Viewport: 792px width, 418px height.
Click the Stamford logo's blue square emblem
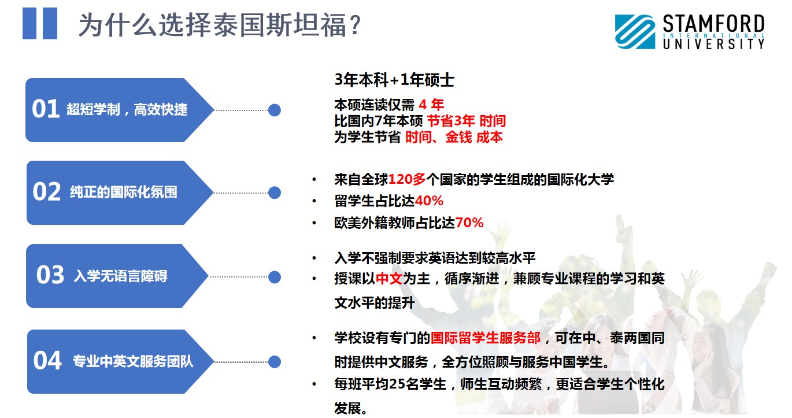point(635,31)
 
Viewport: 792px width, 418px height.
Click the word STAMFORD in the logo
point(713,24)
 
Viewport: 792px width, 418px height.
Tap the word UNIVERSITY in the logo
point(713,44)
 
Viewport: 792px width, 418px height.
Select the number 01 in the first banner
point(46,109)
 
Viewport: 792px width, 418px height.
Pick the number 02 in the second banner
point(47,192)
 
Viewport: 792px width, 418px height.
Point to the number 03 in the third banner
point(50,275)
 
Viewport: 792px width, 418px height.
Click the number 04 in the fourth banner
point(47,360)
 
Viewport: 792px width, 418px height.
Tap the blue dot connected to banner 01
point(275,110)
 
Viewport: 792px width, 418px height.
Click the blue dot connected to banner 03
point(275,277)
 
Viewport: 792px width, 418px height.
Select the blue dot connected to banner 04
point(275,362)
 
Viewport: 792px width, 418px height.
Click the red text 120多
point(408,180)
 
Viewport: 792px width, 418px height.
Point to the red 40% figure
point(429,201)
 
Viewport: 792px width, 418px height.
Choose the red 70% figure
point(469,223)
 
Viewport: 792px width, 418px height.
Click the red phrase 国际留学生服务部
point(485,338)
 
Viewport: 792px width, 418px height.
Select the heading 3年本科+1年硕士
point(394,80)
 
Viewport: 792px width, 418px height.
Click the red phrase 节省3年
point(451,121)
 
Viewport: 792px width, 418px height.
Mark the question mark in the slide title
point(354,25)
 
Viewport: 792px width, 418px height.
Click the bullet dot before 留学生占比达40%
point(314,201)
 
